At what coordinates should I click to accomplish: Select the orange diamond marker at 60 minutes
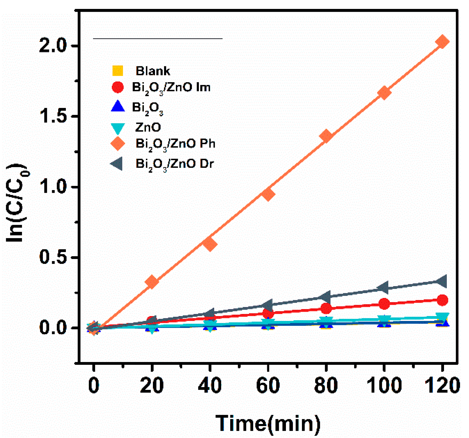[x=268, y=194]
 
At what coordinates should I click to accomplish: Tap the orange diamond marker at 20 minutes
[x=152, y=282]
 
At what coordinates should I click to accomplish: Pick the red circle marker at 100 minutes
[x=384, y=304]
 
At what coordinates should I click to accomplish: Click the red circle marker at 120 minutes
[x=442, y=300]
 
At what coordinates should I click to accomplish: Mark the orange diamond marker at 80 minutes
[x=326, y=136]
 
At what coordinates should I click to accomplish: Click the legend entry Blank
[x=152, y=71]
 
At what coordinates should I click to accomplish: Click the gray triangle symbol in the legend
[x=117, y=164]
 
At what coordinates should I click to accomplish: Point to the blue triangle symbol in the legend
[x=118, y=106]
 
